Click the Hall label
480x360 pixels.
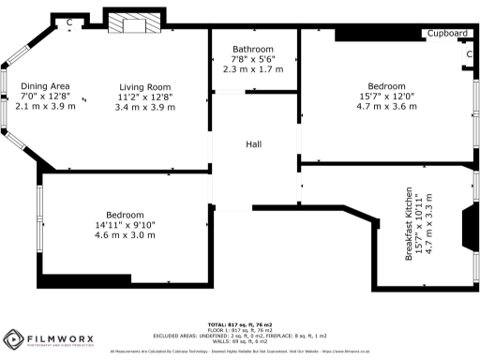tap(254, 144)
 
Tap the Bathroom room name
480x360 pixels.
tap(253, 49)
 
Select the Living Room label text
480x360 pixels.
tap(143, 86)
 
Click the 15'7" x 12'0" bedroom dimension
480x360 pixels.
tap(386, 96)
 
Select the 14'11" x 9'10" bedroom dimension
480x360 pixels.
tap(124, 224)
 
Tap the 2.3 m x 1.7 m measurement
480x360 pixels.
tap(253, 69)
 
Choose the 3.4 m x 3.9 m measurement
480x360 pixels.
tap(143, 107)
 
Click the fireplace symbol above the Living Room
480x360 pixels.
tap(133, 24)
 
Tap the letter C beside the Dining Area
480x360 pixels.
tap(69, 22)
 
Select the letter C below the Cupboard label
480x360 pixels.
tap(468, 54)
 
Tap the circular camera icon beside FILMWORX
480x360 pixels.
tap(14, 338)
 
